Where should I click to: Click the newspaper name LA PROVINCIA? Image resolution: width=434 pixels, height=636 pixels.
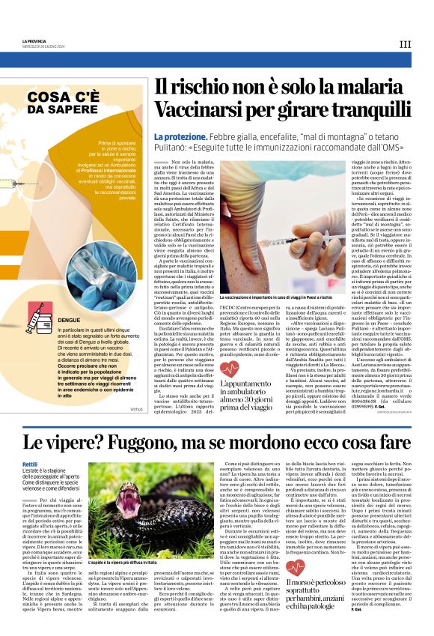(35, 40)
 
